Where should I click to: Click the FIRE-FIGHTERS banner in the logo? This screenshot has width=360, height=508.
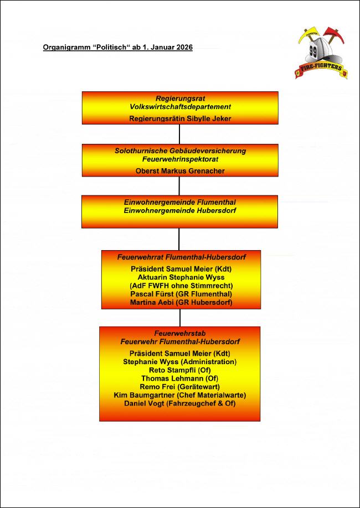321,70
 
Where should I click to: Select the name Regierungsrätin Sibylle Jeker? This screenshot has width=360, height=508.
180,118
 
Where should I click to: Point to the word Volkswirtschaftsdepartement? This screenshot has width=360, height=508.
181,107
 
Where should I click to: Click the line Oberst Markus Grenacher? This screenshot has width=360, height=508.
180,171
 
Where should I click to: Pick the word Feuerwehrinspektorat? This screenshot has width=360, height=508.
180,159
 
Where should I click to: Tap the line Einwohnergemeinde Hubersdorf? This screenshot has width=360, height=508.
180,210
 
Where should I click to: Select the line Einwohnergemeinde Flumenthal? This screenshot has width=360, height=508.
180,202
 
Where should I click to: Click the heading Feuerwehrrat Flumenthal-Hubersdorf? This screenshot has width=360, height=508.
181,257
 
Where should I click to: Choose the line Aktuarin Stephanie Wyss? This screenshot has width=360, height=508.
181,277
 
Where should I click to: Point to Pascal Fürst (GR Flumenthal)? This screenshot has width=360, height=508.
181,294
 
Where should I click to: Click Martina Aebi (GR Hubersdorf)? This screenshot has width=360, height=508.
181,303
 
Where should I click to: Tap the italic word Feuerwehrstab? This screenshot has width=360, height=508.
180,333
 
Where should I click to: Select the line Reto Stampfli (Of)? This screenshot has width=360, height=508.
180,370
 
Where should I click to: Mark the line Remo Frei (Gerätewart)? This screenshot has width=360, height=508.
180,387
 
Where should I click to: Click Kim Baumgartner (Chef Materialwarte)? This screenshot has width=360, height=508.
180,395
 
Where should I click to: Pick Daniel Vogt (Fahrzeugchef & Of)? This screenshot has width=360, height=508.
180,403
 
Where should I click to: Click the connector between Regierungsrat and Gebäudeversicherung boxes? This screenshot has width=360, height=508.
179,134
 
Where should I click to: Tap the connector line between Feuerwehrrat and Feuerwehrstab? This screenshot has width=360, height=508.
179,318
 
